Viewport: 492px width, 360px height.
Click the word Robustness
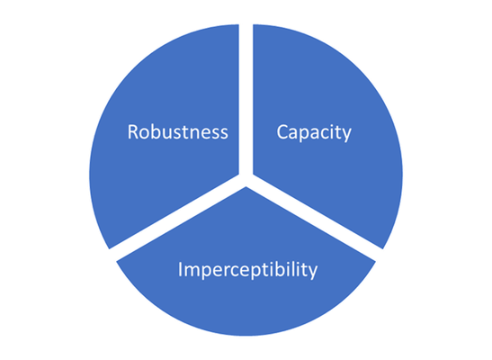click(177, 131)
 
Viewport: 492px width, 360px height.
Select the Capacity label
click(314, 133)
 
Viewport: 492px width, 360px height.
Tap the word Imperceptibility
click(247, 270)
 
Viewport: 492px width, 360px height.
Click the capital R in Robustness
click(133, 131)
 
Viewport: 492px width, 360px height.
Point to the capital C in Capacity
click(282, 131)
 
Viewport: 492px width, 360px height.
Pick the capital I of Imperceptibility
click(180, 269)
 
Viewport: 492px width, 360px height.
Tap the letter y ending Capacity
click(345, 136)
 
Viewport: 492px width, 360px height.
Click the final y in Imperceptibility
click(312, 273)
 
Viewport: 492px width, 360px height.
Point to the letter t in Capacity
click(336, 133)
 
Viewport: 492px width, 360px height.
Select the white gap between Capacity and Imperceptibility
click(315, 218)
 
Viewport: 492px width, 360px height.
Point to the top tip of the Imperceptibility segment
click(246, 187)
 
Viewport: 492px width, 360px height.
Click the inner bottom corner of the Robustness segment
click(238, 175)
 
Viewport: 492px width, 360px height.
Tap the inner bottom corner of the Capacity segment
click(254, 175)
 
